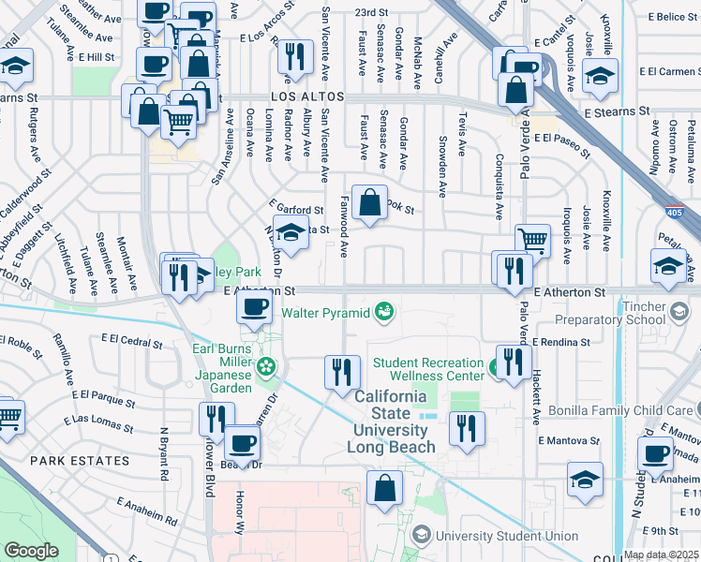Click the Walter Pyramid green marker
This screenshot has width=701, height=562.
(382, 311)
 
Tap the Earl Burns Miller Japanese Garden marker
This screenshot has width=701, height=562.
(267, 366)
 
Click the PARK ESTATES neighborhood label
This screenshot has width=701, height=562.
(79, 461)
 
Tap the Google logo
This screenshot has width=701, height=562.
(32, 551)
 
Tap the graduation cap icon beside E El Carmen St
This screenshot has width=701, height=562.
(600, 75)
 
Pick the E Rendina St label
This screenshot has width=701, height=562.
(561, 343)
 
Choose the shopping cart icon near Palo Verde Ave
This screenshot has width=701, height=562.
(532, 239)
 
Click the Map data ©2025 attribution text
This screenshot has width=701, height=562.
(660, 555)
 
